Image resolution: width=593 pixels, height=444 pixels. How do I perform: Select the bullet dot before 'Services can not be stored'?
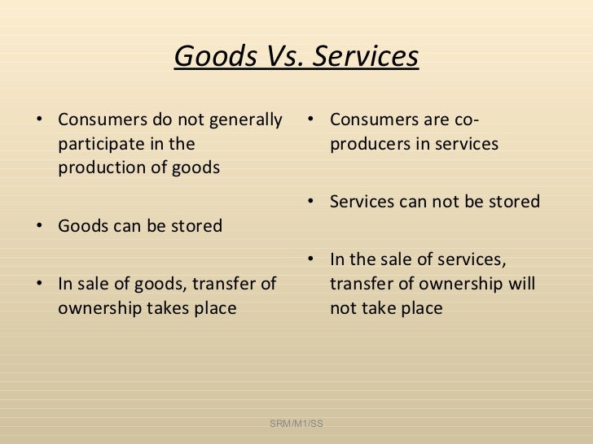click(x=314, y=201)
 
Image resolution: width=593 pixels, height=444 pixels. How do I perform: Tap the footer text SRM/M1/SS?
click(x=296, y=424)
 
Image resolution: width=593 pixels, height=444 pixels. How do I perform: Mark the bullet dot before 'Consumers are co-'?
click(x=314, y=122)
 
